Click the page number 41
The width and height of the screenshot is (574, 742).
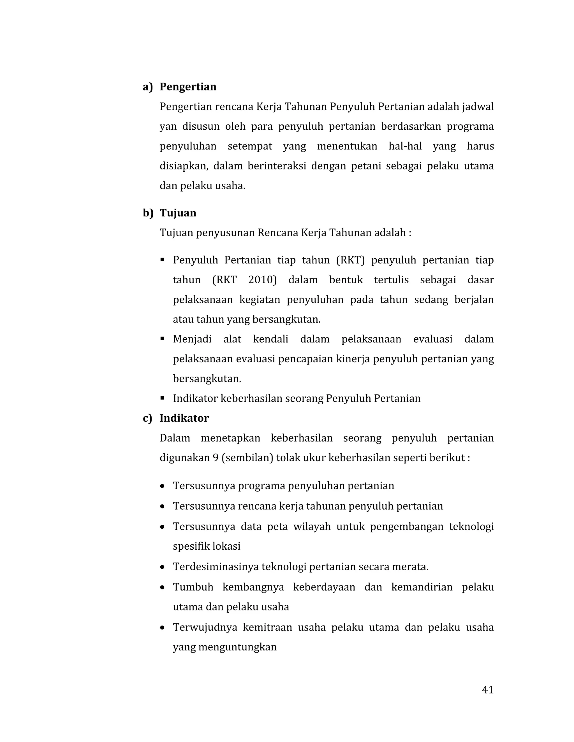click(487, 689)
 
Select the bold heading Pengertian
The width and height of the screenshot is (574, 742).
click(188, 87)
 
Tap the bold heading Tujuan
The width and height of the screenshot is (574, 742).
click(178, 213)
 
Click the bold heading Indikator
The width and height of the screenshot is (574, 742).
click(184, 418)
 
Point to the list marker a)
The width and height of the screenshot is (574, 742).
click(148, 87)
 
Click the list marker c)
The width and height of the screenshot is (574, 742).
click(147, 418)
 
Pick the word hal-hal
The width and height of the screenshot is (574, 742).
click(405, 146)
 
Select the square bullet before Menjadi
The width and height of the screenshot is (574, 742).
click(162, 339)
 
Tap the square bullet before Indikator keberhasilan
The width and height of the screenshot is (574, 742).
click(162, 398)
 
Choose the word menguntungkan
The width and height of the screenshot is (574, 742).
click(237, 647)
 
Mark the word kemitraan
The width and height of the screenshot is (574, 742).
click(267, 627)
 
